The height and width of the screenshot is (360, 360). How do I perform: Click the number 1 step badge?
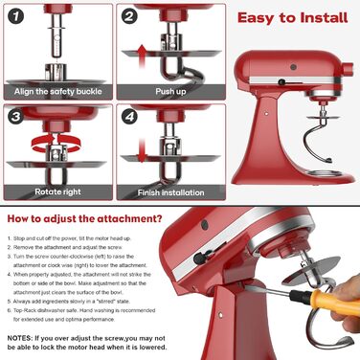pos(14,16)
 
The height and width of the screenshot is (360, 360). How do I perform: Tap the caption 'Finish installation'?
pos(171,191)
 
